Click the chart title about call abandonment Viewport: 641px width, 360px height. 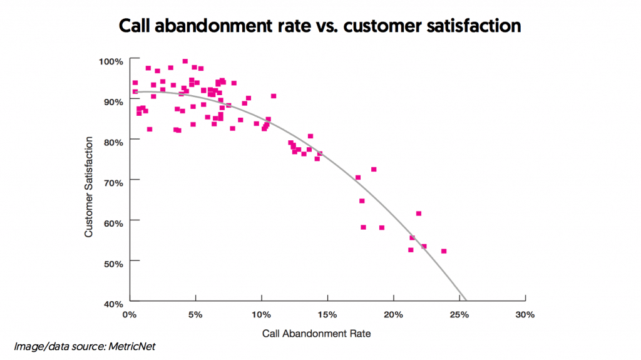320,26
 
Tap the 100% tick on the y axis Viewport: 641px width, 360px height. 112,61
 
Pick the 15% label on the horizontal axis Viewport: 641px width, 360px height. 327,315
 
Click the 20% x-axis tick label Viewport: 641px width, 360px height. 393,315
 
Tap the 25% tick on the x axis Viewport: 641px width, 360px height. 459,315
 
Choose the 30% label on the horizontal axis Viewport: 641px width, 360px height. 525,315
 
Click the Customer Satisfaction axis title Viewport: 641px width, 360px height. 89,186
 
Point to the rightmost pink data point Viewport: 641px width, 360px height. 444,251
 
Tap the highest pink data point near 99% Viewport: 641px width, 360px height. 185,61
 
